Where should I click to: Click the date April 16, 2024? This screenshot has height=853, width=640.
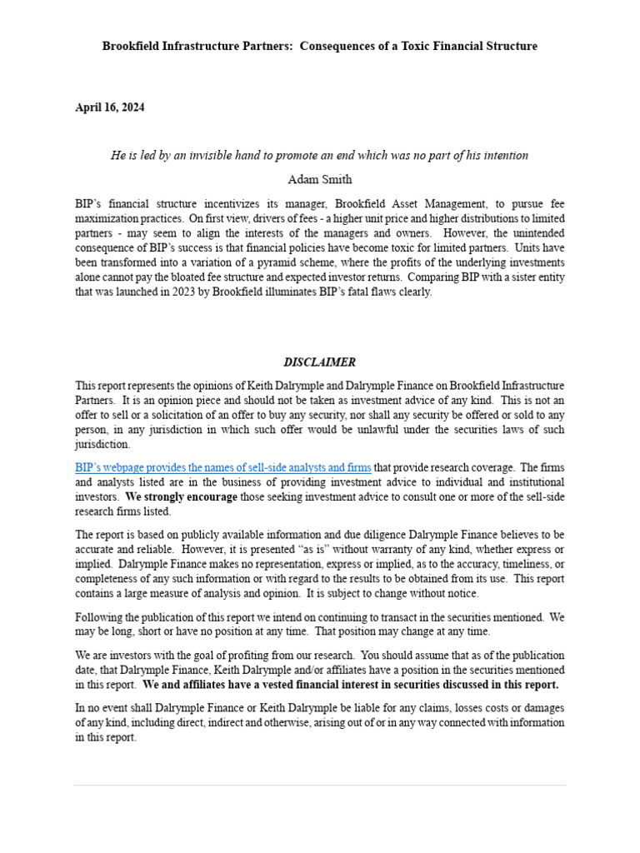click(110, 107)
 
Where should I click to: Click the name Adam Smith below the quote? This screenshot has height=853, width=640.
click(319, 179)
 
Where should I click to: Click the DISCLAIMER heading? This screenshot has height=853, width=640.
click(319, 362)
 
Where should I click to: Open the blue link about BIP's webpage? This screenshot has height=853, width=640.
click(222, 468)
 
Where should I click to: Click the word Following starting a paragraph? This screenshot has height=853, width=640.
click(99, 617)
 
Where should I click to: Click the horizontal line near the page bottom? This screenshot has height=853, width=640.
click(319, 785)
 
